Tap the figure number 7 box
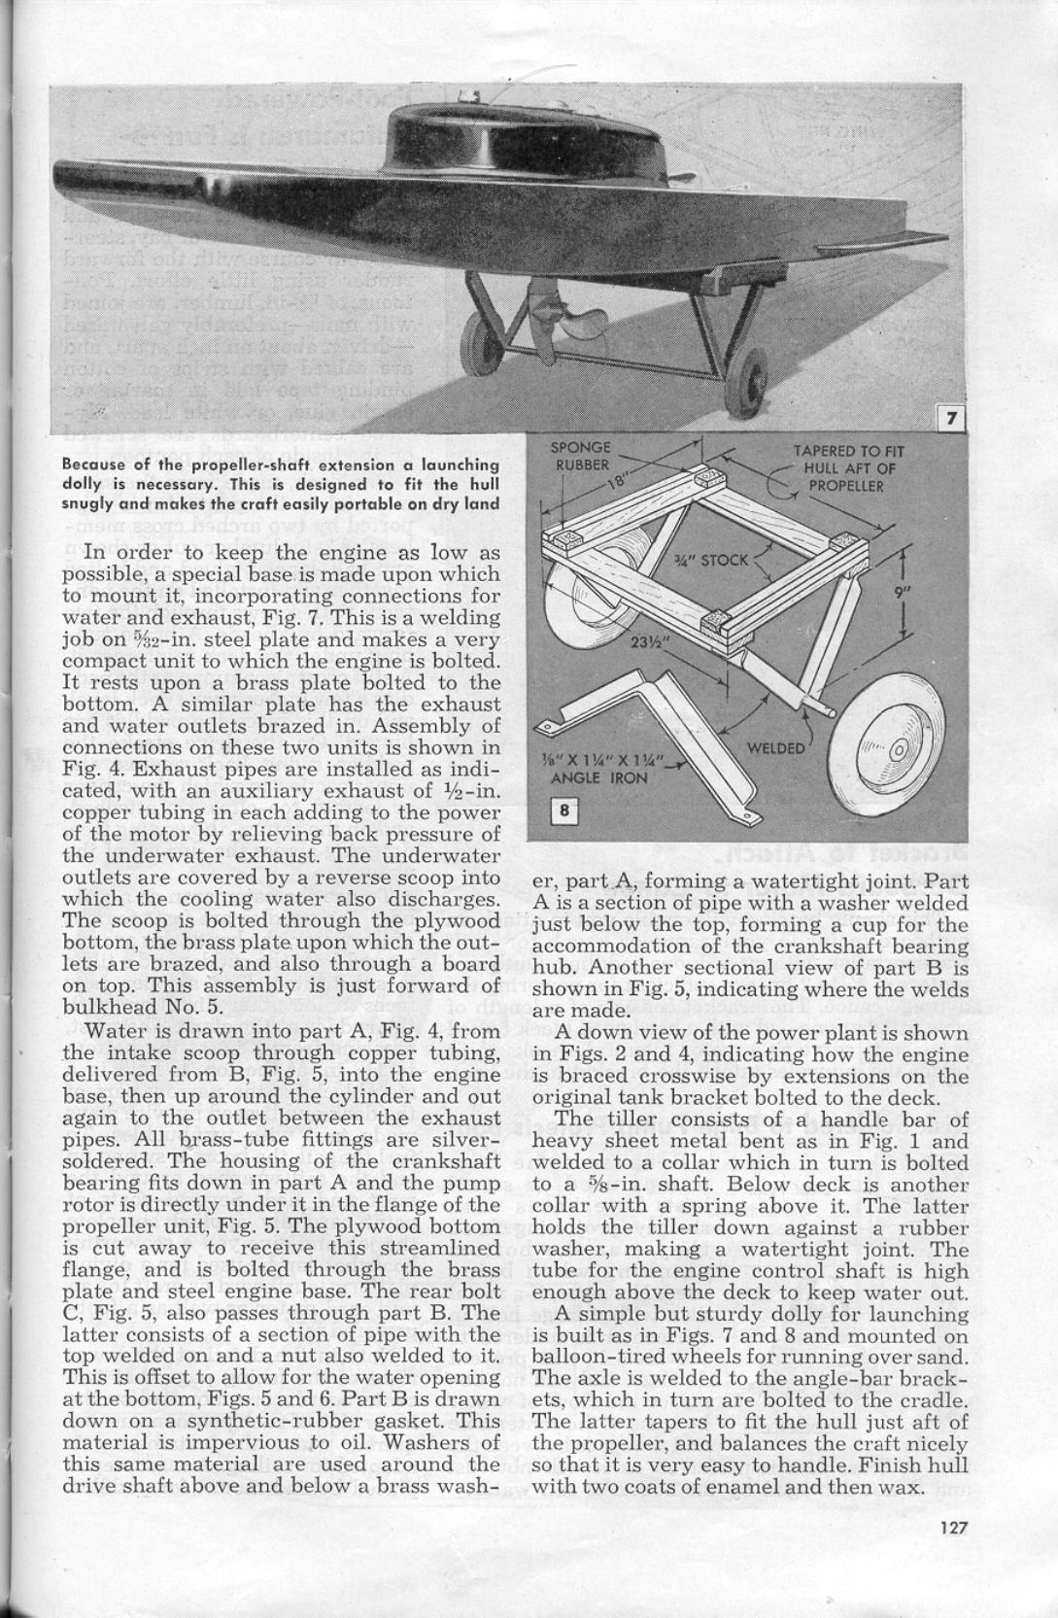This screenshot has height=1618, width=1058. [x=951, y=419]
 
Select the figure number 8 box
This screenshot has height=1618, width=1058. [x=564, y=810]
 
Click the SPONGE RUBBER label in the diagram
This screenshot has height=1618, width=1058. [x=581, y=456]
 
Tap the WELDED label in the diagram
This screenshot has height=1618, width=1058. [x=774, y=747]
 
